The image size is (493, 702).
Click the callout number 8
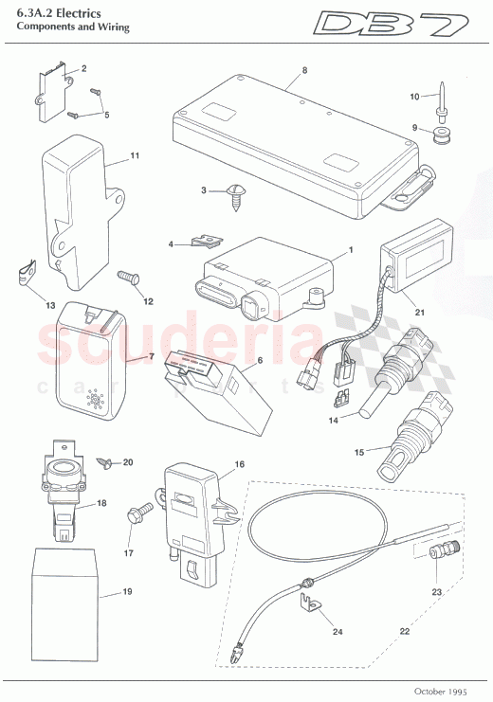coord(304,71)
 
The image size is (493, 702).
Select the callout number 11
coord(134,154)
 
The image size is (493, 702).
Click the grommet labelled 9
coord(439,139)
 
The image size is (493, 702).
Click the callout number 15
coord(360,452)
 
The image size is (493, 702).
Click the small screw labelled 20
coord(107,462)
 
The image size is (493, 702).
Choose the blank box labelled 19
coord(66,577)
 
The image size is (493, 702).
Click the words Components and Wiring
coord(72,28)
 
